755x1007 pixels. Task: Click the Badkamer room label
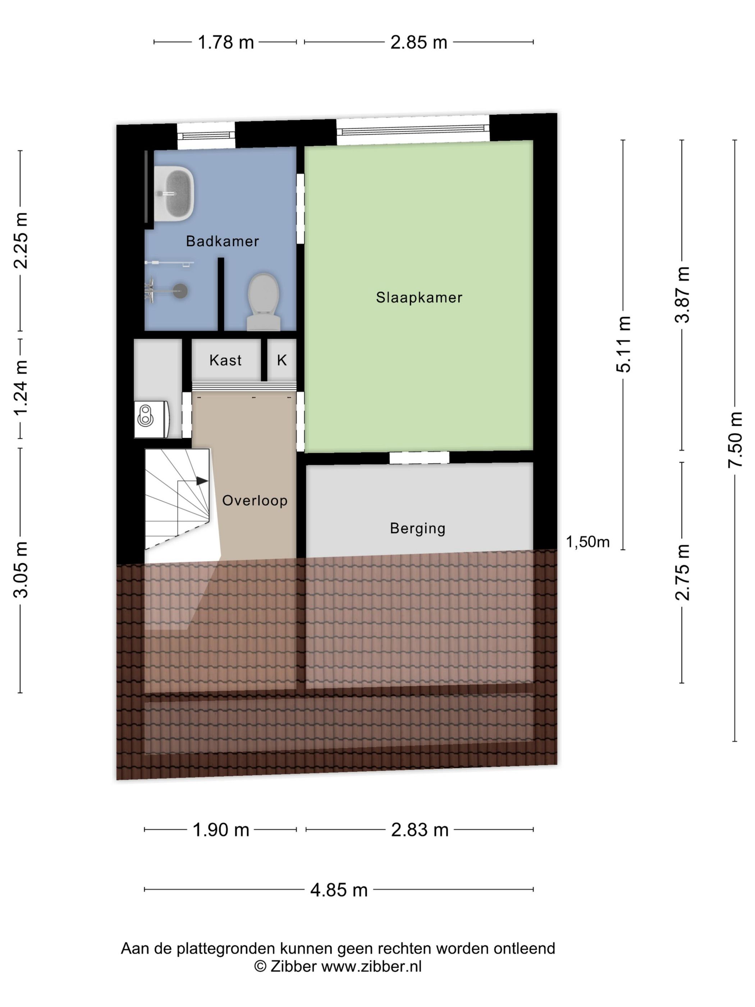222,241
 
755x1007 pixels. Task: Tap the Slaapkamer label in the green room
419,297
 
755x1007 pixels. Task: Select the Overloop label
255,500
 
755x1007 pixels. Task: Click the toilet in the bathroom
264,301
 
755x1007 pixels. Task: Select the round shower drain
181,291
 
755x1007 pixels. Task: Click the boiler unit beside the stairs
152,419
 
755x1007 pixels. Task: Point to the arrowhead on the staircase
202,481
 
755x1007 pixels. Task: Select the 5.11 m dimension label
623,344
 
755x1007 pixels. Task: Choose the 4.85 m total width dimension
339,889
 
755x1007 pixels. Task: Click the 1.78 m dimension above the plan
225,42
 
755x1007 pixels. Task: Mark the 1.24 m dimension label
20,387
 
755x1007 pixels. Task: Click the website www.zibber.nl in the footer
371,966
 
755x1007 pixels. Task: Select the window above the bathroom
206,135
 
